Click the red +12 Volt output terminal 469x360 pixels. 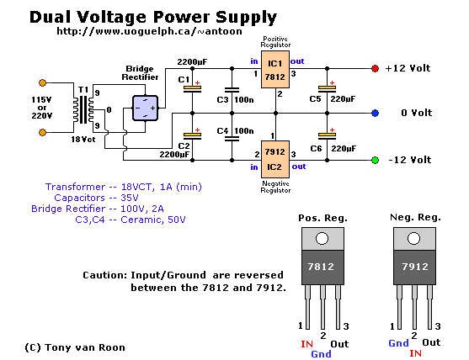point(375,68)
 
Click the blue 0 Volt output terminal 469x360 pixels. point(375,114)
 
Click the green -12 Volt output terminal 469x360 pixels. point(375,160)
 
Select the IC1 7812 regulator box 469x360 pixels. point(275,69)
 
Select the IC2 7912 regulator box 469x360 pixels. point(275,160)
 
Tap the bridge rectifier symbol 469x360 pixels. point(145,108)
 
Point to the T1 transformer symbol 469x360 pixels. point(83,109)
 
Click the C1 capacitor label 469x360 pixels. point(184,79)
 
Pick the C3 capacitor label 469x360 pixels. point(222,99)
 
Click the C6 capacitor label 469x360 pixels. point(316,149)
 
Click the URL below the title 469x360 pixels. point(149,31)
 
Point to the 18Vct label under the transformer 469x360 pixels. point(83,140)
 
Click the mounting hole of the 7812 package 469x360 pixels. point(322,238)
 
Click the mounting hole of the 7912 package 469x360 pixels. point(413,238)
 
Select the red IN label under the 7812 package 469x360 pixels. point(306,344)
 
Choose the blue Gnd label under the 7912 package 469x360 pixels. point(398,343)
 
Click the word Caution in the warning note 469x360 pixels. point(104,275)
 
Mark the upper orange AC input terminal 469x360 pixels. point(42,82)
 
